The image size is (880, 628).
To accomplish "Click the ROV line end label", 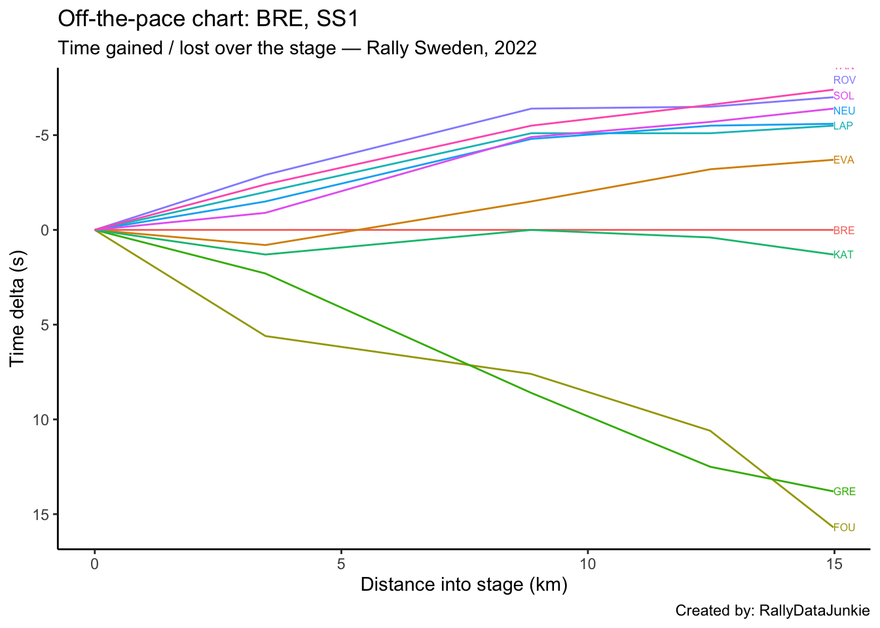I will coord(844,80).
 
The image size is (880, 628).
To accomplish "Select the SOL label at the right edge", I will coord(843,96).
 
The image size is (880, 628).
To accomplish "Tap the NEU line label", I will coord(844,111).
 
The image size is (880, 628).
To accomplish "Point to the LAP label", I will coord(843,126).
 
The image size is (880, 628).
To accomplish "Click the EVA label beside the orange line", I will coord(843,160).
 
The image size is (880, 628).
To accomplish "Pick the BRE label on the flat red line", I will coord(843,230).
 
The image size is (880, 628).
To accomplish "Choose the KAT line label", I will coord(843,255).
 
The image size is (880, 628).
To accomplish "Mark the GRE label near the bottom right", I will coord(844,492).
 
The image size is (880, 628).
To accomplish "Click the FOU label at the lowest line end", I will coord(844,527).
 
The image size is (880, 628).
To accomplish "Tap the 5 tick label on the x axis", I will coord(341,563).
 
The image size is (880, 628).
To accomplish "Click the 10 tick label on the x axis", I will coord(587,563).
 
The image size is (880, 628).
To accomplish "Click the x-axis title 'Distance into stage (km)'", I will coord(464,585).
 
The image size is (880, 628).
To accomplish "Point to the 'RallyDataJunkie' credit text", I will coord(814,611).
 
